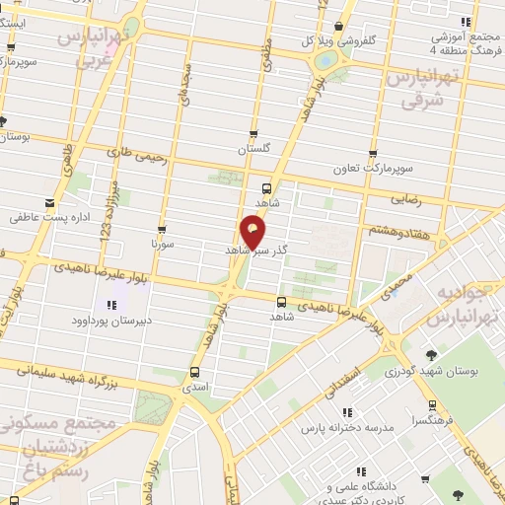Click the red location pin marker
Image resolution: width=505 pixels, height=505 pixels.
(x=253, y=231)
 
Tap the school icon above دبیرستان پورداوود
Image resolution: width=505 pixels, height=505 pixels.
(x=110, y=305)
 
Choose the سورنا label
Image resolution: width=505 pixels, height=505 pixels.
(x=162, y=241)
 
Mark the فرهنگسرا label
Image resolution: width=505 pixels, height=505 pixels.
(x=433, y=419)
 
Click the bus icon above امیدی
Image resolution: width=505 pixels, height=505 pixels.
(x=193, y=372)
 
